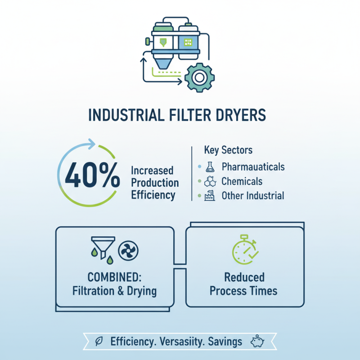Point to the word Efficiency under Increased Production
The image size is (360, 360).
153,195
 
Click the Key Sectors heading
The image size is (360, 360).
228,150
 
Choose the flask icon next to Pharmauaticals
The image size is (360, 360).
210,167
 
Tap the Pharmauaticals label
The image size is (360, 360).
253,167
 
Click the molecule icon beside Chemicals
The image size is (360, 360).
210,181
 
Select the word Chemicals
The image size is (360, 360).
242,181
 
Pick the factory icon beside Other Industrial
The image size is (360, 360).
210,196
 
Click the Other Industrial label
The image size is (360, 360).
252,196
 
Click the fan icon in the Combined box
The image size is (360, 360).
128,250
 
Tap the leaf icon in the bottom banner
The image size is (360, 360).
99,342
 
